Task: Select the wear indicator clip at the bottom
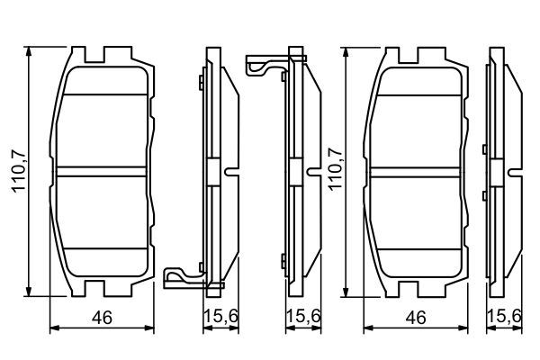tap(184, 275)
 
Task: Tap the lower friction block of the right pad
tap(418, 220)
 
